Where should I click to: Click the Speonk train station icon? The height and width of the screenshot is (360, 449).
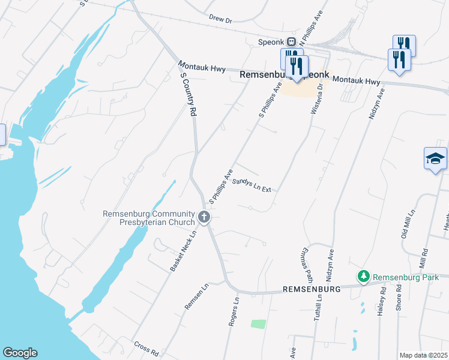(292, 42)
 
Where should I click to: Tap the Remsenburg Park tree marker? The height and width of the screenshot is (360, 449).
(363, 277)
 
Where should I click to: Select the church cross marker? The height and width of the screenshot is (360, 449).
(204, 217)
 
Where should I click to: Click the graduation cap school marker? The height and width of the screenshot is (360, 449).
(435, 158)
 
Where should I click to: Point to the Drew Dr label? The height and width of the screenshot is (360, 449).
(220, 19)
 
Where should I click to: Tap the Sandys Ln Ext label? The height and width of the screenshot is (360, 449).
(252, 184)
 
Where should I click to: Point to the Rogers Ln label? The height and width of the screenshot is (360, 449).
(233, 311)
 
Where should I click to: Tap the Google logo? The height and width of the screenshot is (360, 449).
(19, 353)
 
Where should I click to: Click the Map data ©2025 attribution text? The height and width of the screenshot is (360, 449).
(423, 355)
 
